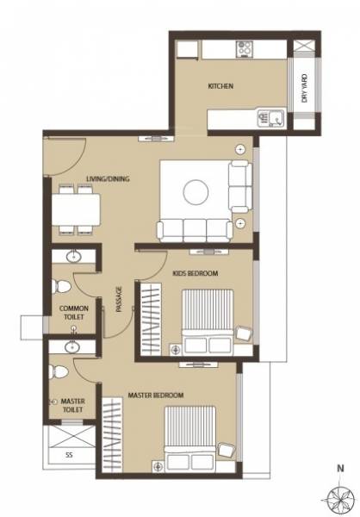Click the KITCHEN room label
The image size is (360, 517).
(x=220, y=87)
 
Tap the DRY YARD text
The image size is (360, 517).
(x=305, y=87)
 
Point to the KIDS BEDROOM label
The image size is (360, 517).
(x=195, y=273)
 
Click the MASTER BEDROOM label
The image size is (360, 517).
(x=156, y=395)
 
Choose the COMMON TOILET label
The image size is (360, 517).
(x=73, y=312)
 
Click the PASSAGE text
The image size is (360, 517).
(x=118, y=298)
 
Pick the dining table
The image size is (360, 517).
(x=75, y=209)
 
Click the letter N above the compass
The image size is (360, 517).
(x=342, y=470)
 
